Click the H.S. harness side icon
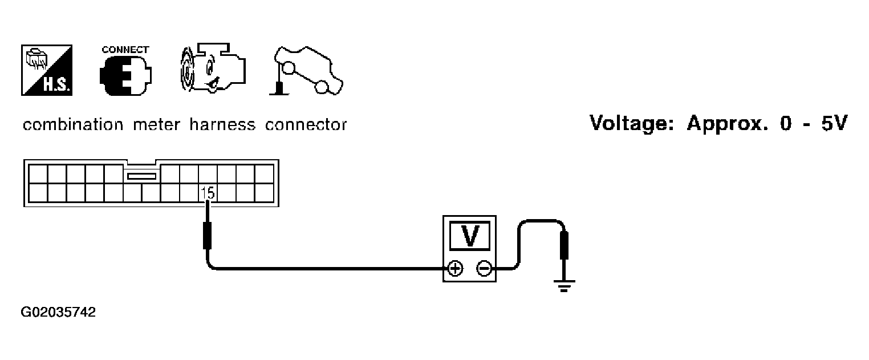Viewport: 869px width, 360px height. tap(47, 70)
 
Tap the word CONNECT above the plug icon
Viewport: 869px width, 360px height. tap(125, 50)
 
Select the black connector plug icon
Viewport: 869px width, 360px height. tap(125, 76)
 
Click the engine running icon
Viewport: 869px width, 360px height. tap(213, 68)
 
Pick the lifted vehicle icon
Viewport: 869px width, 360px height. tap(306, 71)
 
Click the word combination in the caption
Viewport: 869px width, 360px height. tap(73, 125)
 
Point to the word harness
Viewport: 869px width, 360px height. tap(222, 125)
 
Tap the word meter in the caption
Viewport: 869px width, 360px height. tap(156, 125)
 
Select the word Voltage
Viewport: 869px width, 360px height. tap(632, 123)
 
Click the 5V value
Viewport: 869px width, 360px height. tap(834, 123)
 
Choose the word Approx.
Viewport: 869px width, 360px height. tap(728, 124)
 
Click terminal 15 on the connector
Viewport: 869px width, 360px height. tap(208, 193)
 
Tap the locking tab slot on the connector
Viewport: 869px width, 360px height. tap(141, 176)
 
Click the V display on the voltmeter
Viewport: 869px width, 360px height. tap(469, 235)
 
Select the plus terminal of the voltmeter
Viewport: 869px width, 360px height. tap(455, 268)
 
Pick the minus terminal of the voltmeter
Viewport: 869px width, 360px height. tap(484, 268)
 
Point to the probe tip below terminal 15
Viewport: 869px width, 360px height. tap(208, 235)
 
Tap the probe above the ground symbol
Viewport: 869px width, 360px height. tap(564, 245)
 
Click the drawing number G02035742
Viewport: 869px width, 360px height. tap(58, 312)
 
